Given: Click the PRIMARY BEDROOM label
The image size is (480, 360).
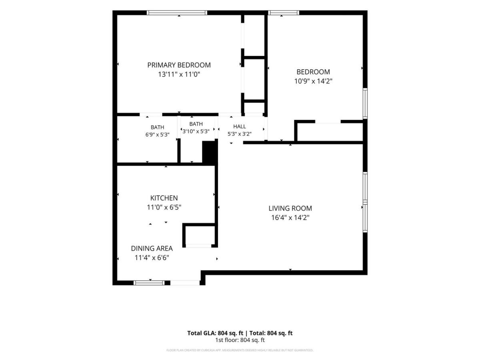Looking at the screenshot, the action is (179, 65).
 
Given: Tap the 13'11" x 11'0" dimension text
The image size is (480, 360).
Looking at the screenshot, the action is (179, 74).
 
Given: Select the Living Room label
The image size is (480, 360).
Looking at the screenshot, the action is (290, 208).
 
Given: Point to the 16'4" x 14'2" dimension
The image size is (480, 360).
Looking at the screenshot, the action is (290, 218).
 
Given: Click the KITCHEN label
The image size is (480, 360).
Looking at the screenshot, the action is (164, 198).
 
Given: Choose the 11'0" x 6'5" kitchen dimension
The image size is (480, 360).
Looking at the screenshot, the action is (164, 207).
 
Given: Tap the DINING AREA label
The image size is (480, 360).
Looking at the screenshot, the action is (152, 248).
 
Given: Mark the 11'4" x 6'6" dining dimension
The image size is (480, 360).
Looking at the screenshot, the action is (152, 258).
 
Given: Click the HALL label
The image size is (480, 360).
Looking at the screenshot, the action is (240, 126).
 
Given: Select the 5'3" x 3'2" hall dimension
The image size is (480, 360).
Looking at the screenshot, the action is (240, 134).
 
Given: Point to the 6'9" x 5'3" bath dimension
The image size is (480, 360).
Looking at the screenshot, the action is (158, 135).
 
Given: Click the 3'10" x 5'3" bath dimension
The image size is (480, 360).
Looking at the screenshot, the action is (196, 131).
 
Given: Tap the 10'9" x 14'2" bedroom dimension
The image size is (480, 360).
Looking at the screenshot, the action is (313, 81).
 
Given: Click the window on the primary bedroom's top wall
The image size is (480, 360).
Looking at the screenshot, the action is (177, 13).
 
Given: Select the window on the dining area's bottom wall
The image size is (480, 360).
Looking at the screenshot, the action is (149, 283).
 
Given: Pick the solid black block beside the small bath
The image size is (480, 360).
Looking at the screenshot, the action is (210, 152).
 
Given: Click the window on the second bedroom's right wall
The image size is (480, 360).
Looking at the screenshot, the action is (365, 103).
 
